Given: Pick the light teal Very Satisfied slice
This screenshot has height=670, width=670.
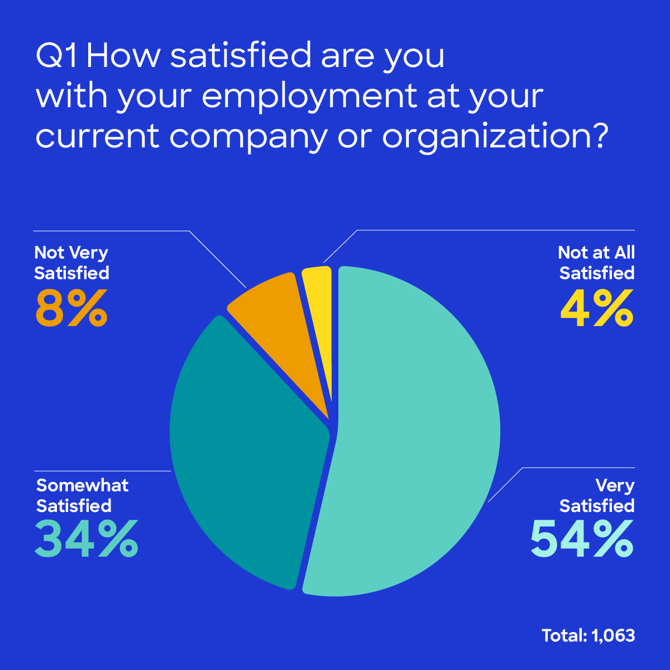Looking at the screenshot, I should [x=413, y=435].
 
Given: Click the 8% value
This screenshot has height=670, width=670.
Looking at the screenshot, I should [x=71, y=309].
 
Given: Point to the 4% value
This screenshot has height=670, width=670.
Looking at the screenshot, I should [x=597, y=309].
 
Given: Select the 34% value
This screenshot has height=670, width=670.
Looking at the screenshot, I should [x=87, y=539].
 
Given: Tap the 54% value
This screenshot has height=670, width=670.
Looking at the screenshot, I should [x=582, y=539].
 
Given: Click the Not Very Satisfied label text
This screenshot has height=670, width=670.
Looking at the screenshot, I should [x=71, y=262].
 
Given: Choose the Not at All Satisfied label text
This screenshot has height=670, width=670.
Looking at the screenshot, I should [x=597, y=262].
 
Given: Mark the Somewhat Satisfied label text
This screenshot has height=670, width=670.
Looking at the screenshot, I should [x=82, y=495].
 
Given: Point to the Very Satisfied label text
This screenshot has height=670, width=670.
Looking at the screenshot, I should [x=597, y=495].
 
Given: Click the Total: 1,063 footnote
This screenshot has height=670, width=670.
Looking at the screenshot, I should [x=588, y=635].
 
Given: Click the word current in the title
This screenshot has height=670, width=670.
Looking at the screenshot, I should [x=98, y=136].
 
